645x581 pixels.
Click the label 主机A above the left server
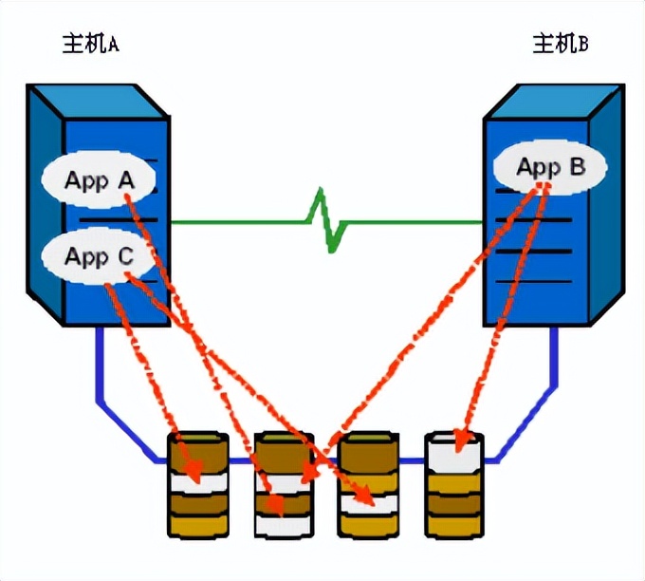[x=88, y=44]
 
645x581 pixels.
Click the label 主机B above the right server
[x=560, y=44]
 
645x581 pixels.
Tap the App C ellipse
[x=98, y=255]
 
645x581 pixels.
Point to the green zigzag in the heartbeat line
[x=326, y=220]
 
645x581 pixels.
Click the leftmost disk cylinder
[x=198, y=484]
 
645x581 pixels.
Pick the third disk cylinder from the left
[x=368, y=484]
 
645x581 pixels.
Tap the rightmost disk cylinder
[x=454, y=484]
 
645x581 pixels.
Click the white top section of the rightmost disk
[x=454, y=451]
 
